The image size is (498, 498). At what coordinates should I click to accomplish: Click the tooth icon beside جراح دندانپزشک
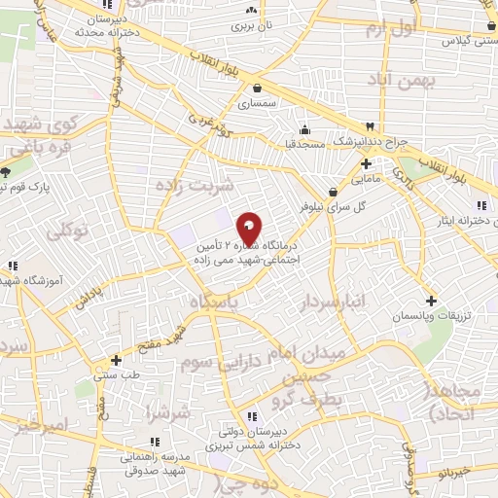point(370,126)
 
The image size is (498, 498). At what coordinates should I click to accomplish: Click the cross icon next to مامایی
point(366,163)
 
